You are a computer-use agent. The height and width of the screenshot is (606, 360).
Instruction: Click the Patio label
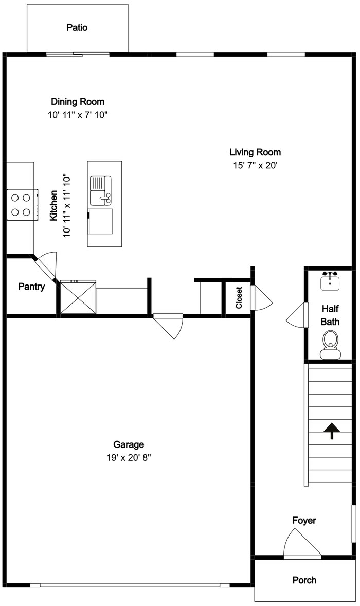(x=77, y=27)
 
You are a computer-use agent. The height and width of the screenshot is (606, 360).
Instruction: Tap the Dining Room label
(x=78, y=102)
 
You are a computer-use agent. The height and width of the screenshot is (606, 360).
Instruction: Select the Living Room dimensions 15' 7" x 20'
(x=255, y=166)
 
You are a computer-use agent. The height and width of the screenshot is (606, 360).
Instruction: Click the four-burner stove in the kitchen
(x=23, y=205)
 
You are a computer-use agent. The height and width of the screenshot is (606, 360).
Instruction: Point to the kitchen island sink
(x=101, y=190)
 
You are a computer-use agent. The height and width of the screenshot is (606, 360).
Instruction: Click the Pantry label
(x=32, y=287)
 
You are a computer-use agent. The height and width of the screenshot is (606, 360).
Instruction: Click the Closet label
(x=239, y=297)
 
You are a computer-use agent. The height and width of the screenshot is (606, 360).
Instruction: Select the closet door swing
(x=261, y=297)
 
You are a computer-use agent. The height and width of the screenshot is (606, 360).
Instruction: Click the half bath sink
(x=330, y=280)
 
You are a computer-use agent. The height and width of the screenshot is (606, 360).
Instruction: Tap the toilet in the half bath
(x=330, y=346)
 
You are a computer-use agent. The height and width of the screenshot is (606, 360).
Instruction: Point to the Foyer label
(x=304, y=520)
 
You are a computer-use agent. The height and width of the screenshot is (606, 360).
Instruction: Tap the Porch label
(x=304, y=580)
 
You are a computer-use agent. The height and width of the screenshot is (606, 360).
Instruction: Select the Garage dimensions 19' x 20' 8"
(x=129, y=458)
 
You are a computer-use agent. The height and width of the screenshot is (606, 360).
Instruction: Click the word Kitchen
(x=53, y=206)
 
